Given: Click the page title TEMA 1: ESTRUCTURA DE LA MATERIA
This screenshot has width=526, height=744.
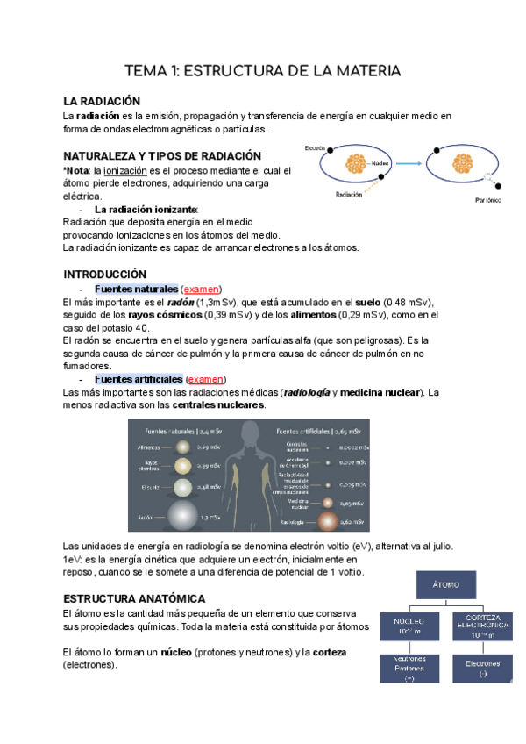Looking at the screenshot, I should pos(263,69).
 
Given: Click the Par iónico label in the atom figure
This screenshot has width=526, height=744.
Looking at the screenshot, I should pos(481,201).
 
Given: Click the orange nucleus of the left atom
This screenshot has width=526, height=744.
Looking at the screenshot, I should pos(358,162).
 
